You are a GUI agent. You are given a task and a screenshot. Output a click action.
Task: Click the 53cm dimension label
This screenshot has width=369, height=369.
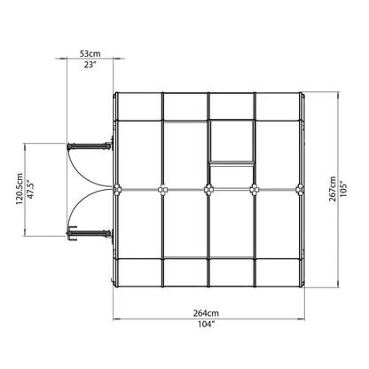click(x=90, y=55)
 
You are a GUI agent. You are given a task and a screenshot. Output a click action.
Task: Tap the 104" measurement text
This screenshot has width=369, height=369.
click(x=208, y=323)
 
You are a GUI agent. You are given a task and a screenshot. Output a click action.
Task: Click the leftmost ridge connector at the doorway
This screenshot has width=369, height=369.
click(x=117, y=188)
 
